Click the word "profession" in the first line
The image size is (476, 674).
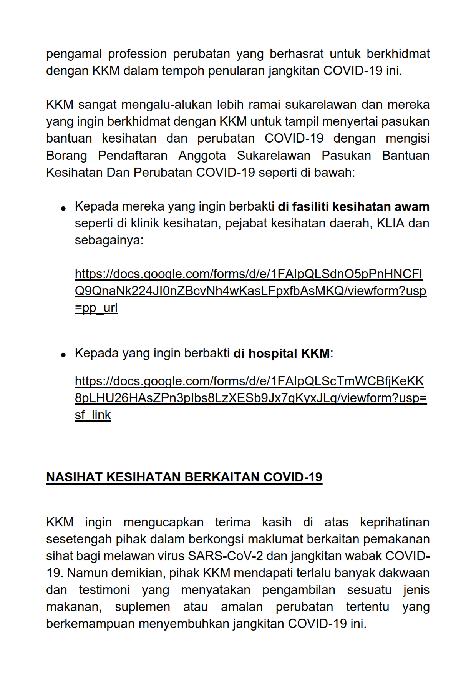(137, 54)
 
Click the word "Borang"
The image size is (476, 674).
(66, 156)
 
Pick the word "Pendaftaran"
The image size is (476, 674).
(133, 156)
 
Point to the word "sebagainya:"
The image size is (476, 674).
(109, 241)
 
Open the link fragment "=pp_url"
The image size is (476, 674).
(96, 308)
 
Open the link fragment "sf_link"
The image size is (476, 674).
(93, 415)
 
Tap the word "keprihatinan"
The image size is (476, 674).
(395, 523)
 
